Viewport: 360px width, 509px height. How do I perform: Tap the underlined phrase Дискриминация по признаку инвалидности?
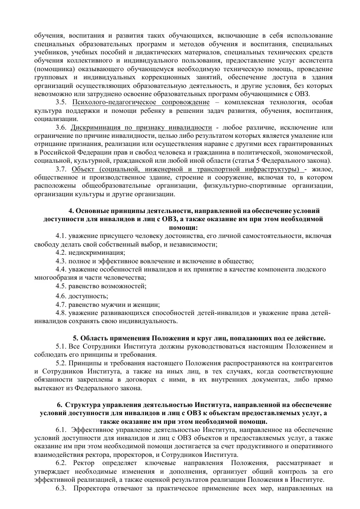point(141,127)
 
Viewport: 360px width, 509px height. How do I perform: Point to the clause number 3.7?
point(61,170)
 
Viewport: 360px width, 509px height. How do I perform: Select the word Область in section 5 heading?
point(96,338)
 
